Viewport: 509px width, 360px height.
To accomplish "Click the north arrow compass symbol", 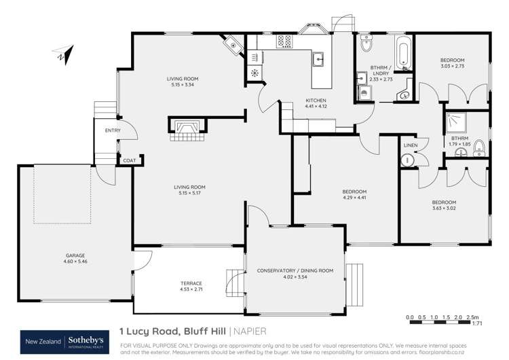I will (62, 55).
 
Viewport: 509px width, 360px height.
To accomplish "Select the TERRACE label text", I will (191, 283).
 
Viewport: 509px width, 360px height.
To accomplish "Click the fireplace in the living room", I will (185, 126).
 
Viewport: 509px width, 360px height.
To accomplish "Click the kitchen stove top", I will (282, 42).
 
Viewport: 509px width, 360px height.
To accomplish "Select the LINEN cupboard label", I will (410, 145).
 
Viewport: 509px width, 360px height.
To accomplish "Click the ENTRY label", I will (113, 131).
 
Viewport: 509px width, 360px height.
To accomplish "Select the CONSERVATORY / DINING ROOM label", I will (295, 271).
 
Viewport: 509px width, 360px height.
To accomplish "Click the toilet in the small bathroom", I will (480, 145).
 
